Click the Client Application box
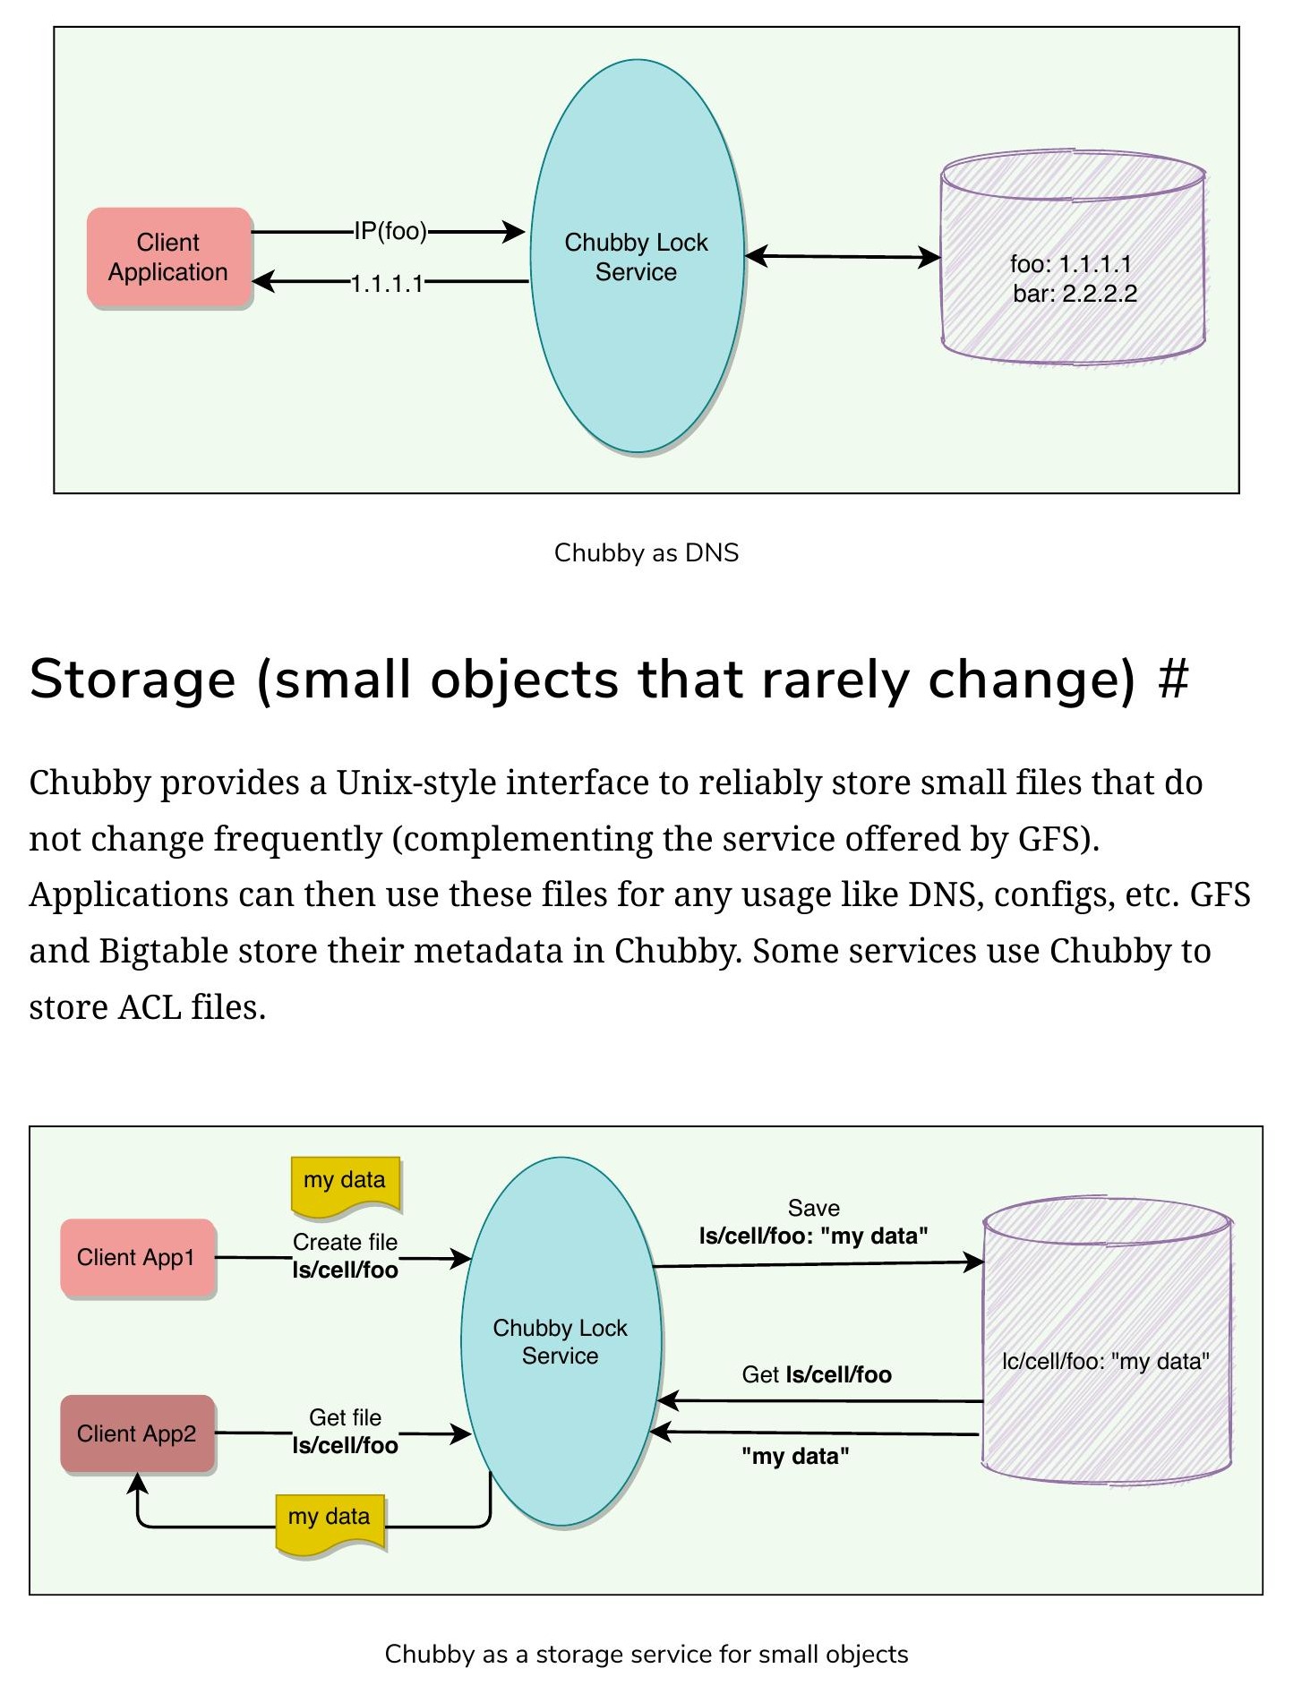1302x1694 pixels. pos(169,258)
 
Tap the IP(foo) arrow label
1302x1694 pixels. pos(390,232)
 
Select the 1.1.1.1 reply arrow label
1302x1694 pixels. pos(387,284)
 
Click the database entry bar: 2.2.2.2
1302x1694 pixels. pos(1075,294)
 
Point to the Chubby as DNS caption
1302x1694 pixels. pos(647,552)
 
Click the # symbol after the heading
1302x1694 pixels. pos(1173,679)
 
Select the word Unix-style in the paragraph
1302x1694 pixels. pos(416,783)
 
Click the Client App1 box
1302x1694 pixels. pos(138,1258)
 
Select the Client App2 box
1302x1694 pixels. pos(138,1433)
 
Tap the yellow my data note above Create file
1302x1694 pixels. pos(346,1185)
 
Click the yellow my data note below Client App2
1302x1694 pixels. pos(330,1522)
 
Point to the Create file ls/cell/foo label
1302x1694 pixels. pos(346,1255)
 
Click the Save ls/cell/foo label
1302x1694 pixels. pos(813,1222)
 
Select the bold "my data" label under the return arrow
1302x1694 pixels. pos(795,1456)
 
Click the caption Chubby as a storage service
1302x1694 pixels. pos(647,1654)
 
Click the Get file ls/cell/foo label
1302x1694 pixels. pos(346,1431)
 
